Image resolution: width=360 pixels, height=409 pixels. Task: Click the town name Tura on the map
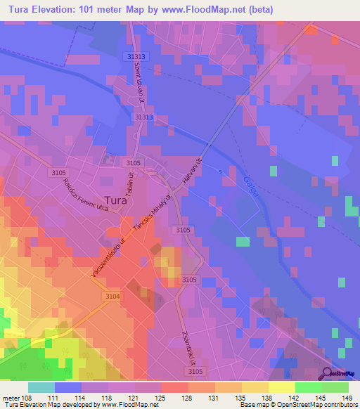click(x=115, y=199)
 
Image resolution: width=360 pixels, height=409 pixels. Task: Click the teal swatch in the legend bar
click(x=41, y=387)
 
